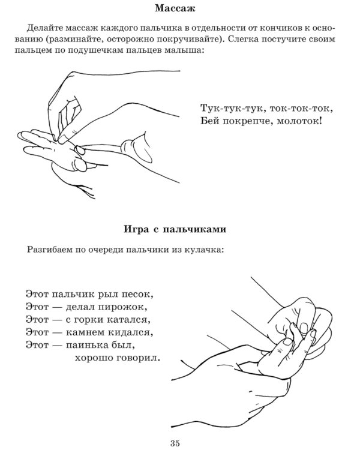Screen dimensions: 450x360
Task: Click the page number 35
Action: click(175, 427)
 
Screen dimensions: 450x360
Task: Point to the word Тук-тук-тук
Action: click(226, 109)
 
